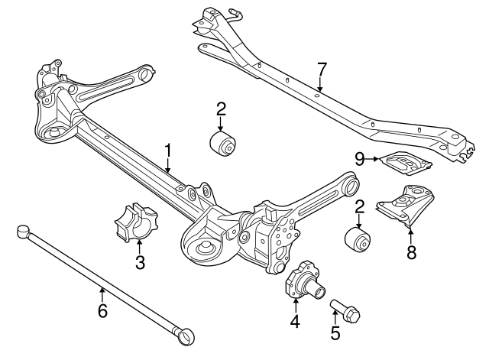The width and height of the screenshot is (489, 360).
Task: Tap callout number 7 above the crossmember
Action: pos(322,70)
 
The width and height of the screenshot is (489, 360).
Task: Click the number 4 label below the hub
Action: pos(294,322)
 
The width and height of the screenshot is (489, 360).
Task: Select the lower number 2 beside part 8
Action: pos(358,206)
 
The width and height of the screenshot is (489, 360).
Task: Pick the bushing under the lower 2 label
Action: pos(358,237)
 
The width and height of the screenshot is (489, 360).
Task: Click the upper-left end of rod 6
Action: pos(23,228)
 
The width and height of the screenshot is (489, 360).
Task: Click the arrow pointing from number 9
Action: pos(376,159)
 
